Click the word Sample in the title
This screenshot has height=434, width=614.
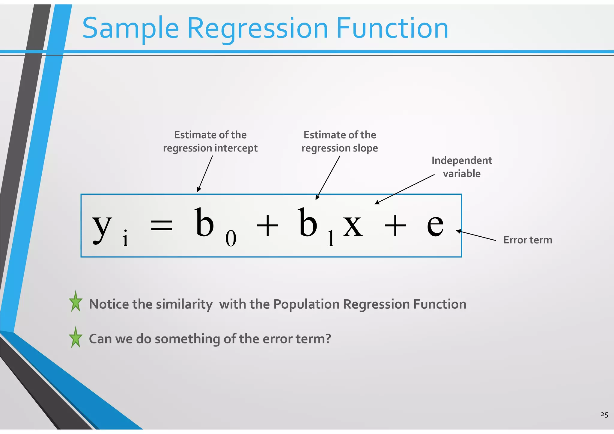pos(130,28)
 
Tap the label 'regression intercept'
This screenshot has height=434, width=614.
pos(210,148)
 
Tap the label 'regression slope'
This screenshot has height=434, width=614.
pos(340,148)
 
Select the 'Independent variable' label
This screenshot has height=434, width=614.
pos(462,167)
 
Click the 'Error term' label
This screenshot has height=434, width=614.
pos(528,240)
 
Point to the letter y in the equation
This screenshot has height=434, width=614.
pos(102,226)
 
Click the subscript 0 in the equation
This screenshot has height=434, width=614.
pos(231,239)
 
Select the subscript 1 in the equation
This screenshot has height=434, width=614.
pos(331,239)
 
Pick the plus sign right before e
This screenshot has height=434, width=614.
pos(395,226)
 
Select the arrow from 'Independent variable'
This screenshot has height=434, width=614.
pos(405,189)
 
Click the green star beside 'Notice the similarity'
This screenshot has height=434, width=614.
pos(76,302)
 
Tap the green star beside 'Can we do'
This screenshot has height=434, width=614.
pos(76,338)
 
